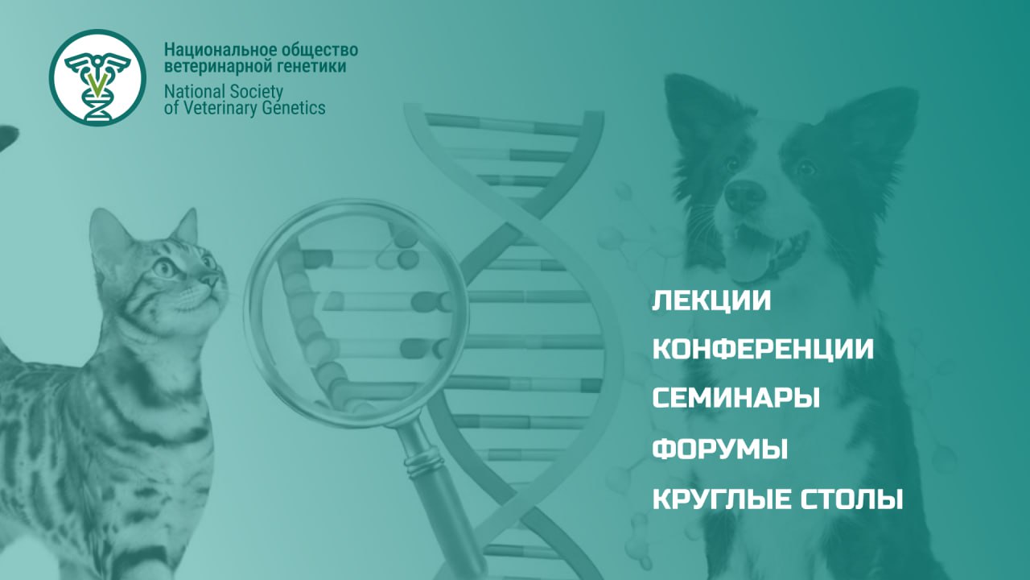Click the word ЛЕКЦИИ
(x=711, y=300)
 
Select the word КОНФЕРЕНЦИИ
(x=762, y=350)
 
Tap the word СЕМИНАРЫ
(x=735, y=398)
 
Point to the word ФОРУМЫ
(x=719, y=449)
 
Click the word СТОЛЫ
(x=852, y=499)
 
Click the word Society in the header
(x=253, y=91)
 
